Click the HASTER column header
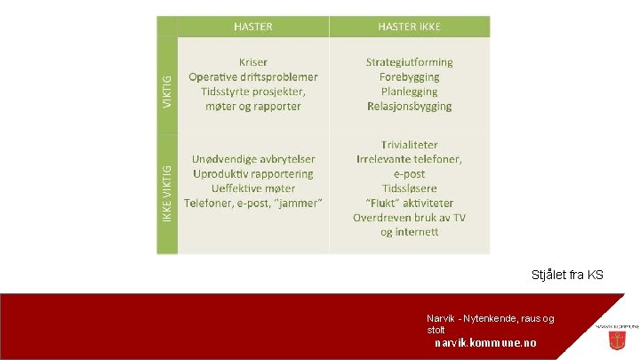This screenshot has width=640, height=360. (253, 27)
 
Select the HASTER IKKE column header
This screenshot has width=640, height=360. (409, 27)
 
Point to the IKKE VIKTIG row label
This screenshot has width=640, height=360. (167, 194)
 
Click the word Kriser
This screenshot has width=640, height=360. (253, 62)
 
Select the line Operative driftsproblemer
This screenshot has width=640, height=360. (253, 77)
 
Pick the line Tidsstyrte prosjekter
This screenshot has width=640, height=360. (253, 92)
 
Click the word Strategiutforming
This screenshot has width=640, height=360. (409, 62)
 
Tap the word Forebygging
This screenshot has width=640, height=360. (409, 77)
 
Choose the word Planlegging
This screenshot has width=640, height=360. (409, 92)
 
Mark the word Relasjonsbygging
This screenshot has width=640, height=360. (409, 107)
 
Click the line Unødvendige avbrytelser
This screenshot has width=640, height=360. (253, 159)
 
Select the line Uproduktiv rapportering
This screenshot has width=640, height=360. (253, 173)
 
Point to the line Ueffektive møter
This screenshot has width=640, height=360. (253, 188)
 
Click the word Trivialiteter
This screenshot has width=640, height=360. (409, 144)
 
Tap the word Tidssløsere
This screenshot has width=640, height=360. (409, 188)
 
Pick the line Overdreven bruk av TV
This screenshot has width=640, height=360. (409, 218)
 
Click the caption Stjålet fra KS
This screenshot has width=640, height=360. (567, 276)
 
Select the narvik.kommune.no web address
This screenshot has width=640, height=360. (485, 343)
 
